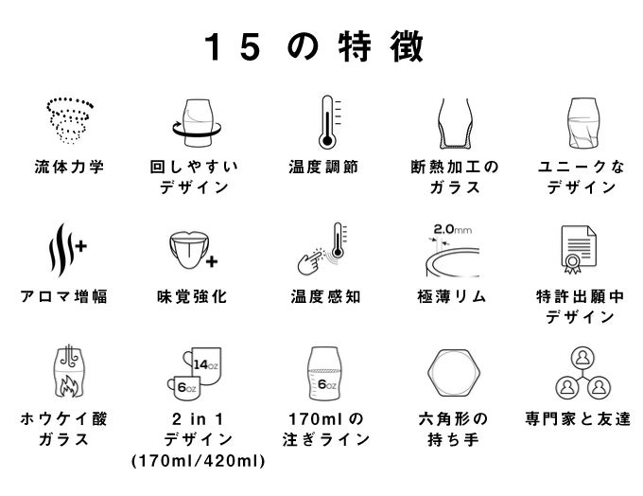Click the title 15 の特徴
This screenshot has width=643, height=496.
(x=314, y=46)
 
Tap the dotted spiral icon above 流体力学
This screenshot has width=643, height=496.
(x=70, y=120)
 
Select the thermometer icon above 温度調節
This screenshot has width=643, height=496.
(x=329, y=122)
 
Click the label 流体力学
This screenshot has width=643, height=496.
(x=69, y=168)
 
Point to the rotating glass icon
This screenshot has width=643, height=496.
(x=197, y=123)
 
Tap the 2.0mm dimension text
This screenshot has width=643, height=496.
(x=453, y=229)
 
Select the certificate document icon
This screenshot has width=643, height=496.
(x=579, y=249)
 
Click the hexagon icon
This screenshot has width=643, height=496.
(x=453, y=373)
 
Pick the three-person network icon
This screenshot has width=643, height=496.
(x=582, y=373)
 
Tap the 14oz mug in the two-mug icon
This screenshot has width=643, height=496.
(x=203, y=364)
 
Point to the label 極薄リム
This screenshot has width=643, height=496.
(x=451, y=296)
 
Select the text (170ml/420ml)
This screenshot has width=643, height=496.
(x=198, y=461)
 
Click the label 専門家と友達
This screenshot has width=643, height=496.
(x=578, y=418)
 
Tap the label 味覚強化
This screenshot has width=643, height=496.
(x=192, y=296)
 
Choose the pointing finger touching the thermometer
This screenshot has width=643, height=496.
(x=311, y=261)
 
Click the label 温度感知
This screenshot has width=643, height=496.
(x=325, y=296)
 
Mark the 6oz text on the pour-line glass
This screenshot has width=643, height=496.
(x=327, y=384)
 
